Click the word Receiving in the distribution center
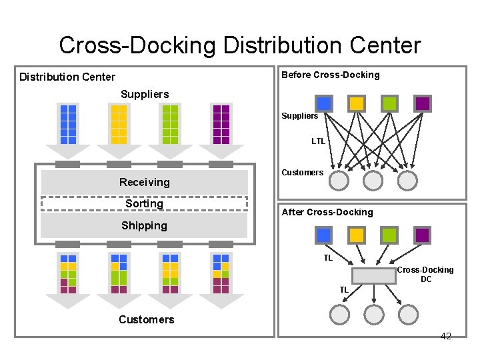point(145,182)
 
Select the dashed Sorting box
point(144,197)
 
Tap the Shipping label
point(144,225)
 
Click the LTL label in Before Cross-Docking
point(318,141)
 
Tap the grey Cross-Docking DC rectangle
point(373,276)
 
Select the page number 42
point(446,336)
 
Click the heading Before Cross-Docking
point(330,75)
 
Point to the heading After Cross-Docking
point(327,212)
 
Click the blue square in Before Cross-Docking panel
point(324,103)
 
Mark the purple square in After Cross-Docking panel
point(422,235)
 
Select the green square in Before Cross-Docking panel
point(389,103)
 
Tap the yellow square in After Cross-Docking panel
point(357,235)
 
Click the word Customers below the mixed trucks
point(147,319)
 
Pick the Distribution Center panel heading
point(67,77)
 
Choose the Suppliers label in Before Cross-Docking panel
point(300,116)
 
